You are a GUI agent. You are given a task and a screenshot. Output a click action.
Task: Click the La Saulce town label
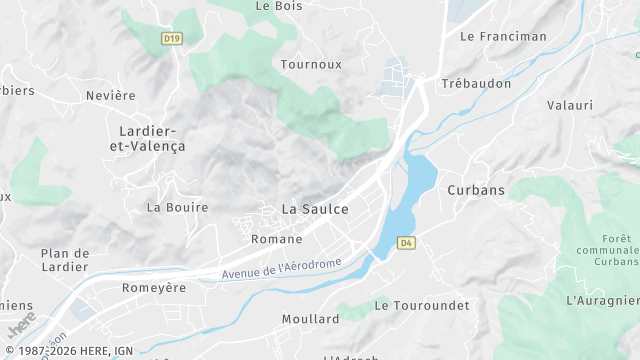coord(315,209)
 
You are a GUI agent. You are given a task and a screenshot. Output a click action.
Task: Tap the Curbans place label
coord(476,190)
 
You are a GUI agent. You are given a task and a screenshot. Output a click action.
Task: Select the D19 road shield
coord(171,39)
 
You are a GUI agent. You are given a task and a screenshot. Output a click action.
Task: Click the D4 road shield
coord(405,243)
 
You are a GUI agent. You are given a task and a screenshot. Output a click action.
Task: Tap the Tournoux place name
coord(311,64)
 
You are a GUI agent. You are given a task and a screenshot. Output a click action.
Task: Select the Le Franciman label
coord(503,36)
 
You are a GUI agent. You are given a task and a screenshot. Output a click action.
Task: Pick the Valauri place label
coord(570,105)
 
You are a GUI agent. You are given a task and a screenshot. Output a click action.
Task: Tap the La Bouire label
coord(177,208)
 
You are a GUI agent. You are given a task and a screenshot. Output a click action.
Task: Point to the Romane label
coord(276,239)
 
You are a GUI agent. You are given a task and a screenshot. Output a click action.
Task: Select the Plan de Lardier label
coord(66,260)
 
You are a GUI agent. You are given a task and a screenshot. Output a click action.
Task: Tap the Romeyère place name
coord(154,288)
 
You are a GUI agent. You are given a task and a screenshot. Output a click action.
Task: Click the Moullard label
coord(310,319)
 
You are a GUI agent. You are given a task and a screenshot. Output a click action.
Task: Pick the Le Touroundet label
coord(421,305)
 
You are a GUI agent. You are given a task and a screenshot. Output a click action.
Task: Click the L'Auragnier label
coord(602,300)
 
